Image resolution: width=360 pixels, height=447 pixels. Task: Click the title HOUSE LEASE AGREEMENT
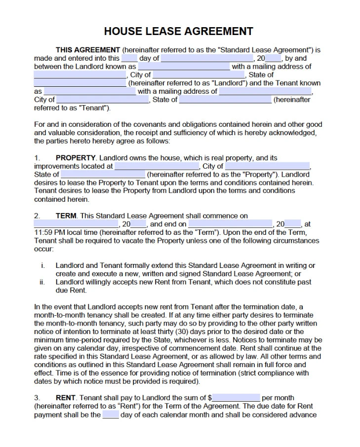(179, 32)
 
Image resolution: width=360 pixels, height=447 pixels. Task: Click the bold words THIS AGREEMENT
(87, 50)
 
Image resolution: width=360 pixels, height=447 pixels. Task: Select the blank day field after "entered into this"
(129, 58)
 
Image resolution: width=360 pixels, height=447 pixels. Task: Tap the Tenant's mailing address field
(265, 91)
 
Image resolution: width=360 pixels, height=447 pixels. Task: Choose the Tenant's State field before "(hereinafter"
(225, 100)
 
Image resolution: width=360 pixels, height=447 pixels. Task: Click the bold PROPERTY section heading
(75, 158)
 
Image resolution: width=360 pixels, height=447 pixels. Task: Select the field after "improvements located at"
(157, 166)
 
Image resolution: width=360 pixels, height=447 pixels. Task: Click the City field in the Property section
(267, 166)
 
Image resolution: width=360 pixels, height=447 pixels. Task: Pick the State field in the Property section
(103, 175)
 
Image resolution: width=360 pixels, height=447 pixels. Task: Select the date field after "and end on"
(230, 224)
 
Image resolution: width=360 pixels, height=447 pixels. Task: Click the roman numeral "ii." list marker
(42, 282)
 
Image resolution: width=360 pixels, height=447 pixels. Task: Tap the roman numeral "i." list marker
(43, 265)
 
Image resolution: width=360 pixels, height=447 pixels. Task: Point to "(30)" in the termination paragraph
(180, 332)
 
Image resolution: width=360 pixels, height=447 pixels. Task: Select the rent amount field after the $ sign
(236, 398)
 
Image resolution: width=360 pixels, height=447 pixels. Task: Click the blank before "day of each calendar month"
(111, 415)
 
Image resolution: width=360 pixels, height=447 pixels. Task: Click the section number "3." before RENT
(37, 398)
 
